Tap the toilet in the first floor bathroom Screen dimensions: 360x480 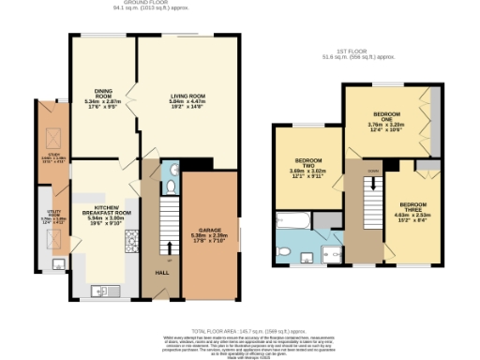click(x=285, y=251)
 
